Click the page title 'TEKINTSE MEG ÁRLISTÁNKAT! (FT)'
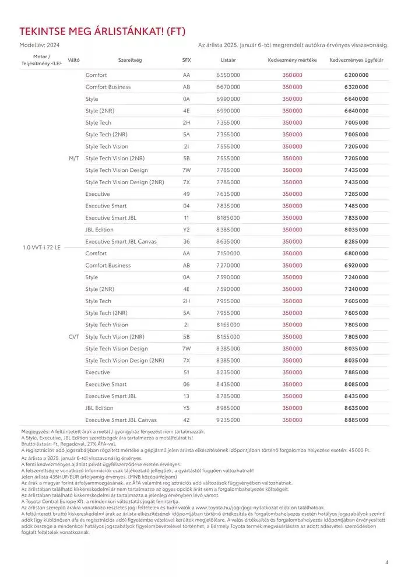102,31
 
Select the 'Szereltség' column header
129,60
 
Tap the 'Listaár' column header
228,60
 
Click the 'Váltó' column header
73,60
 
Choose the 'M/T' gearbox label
73,158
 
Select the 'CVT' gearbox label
73,336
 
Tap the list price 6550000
228,75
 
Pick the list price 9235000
228,420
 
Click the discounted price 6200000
356,75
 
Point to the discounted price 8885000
356,420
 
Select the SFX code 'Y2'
186,230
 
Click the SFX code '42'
186,420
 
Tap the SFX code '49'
186,193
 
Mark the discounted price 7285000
356,193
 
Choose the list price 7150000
228,254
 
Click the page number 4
386,562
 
